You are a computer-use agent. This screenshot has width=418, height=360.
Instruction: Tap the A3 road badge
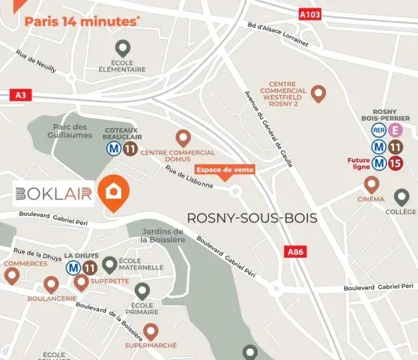tap(20, 95)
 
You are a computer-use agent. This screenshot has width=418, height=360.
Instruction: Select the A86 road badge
tap(296, 253)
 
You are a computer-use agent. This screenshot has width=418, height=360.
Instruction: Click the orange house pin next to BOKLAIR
tap(115, 191)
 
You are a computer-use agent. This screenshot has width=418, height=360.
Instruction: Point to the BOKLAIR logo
tap(53, 194)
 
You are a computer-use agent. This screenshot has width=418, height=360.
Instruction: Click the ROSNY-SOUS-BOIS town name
tap(252, 218)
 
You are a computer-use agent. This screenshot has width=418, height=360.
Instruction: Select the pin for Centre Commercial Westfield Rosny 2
tap(318, 94)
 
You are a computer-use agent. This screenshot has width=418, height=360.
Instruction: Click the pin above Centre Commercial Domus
tap(183, 138)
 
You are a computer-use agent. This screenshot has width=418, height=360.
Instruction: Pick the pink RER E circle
tap(396, 130)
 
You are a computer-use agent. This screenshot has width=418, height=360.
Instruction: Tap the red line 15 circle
tap(396, 163)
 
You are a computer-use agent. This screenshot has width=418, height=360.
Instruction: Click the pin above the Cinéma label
tap(371, 184)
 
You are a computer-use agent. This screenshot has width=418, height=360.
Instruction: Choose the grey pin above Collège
tap(402, 197)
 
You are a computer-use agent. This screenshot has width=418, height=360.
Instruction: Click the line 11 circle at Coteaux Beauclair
tap(130, 148)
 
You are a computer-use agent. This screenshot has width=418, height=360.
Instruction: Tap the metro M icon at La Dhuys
tap(73, 267)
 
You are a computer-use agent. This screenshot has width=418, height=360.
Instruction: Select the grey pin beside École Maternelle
tap(109, 264)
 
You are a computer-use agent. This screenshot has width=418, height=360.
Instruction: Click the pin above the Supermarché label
tap(151, 331)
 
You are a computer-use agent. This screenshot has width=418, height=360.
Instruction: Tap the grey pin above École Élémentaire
tap(122, 47)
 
